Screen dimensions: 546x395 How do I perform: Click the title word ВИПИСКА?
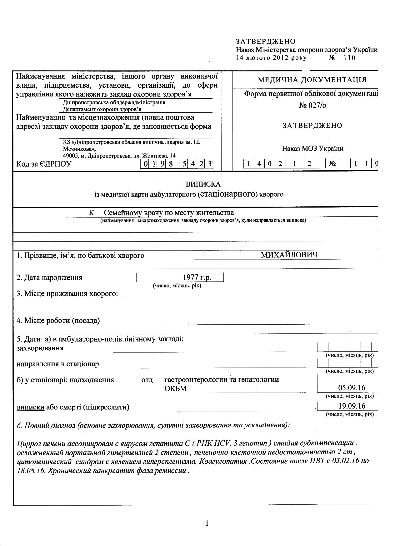point(203,184)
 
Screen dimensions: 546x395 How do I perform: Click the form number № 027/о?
point(312,106)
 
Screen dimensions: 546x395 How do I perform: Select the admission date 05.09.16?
point(352,388)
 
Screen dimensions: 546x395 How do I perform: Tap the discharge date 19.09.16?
point(352,406)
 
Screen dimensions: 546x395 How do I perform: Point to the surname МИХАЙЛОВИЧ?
point(289,255)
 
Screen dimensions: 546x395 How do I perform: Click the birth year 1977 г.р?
point(197,277)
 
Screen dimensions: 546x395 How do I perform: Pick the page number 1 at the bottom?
point(207,523)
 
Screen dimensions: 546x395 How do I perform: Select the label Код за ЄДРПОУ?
point(44,164)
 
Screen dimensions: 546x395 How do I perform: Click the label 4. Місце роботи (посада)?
point(58,321)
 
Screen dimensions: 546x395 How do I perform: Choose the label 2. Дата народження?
point(49,277)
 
